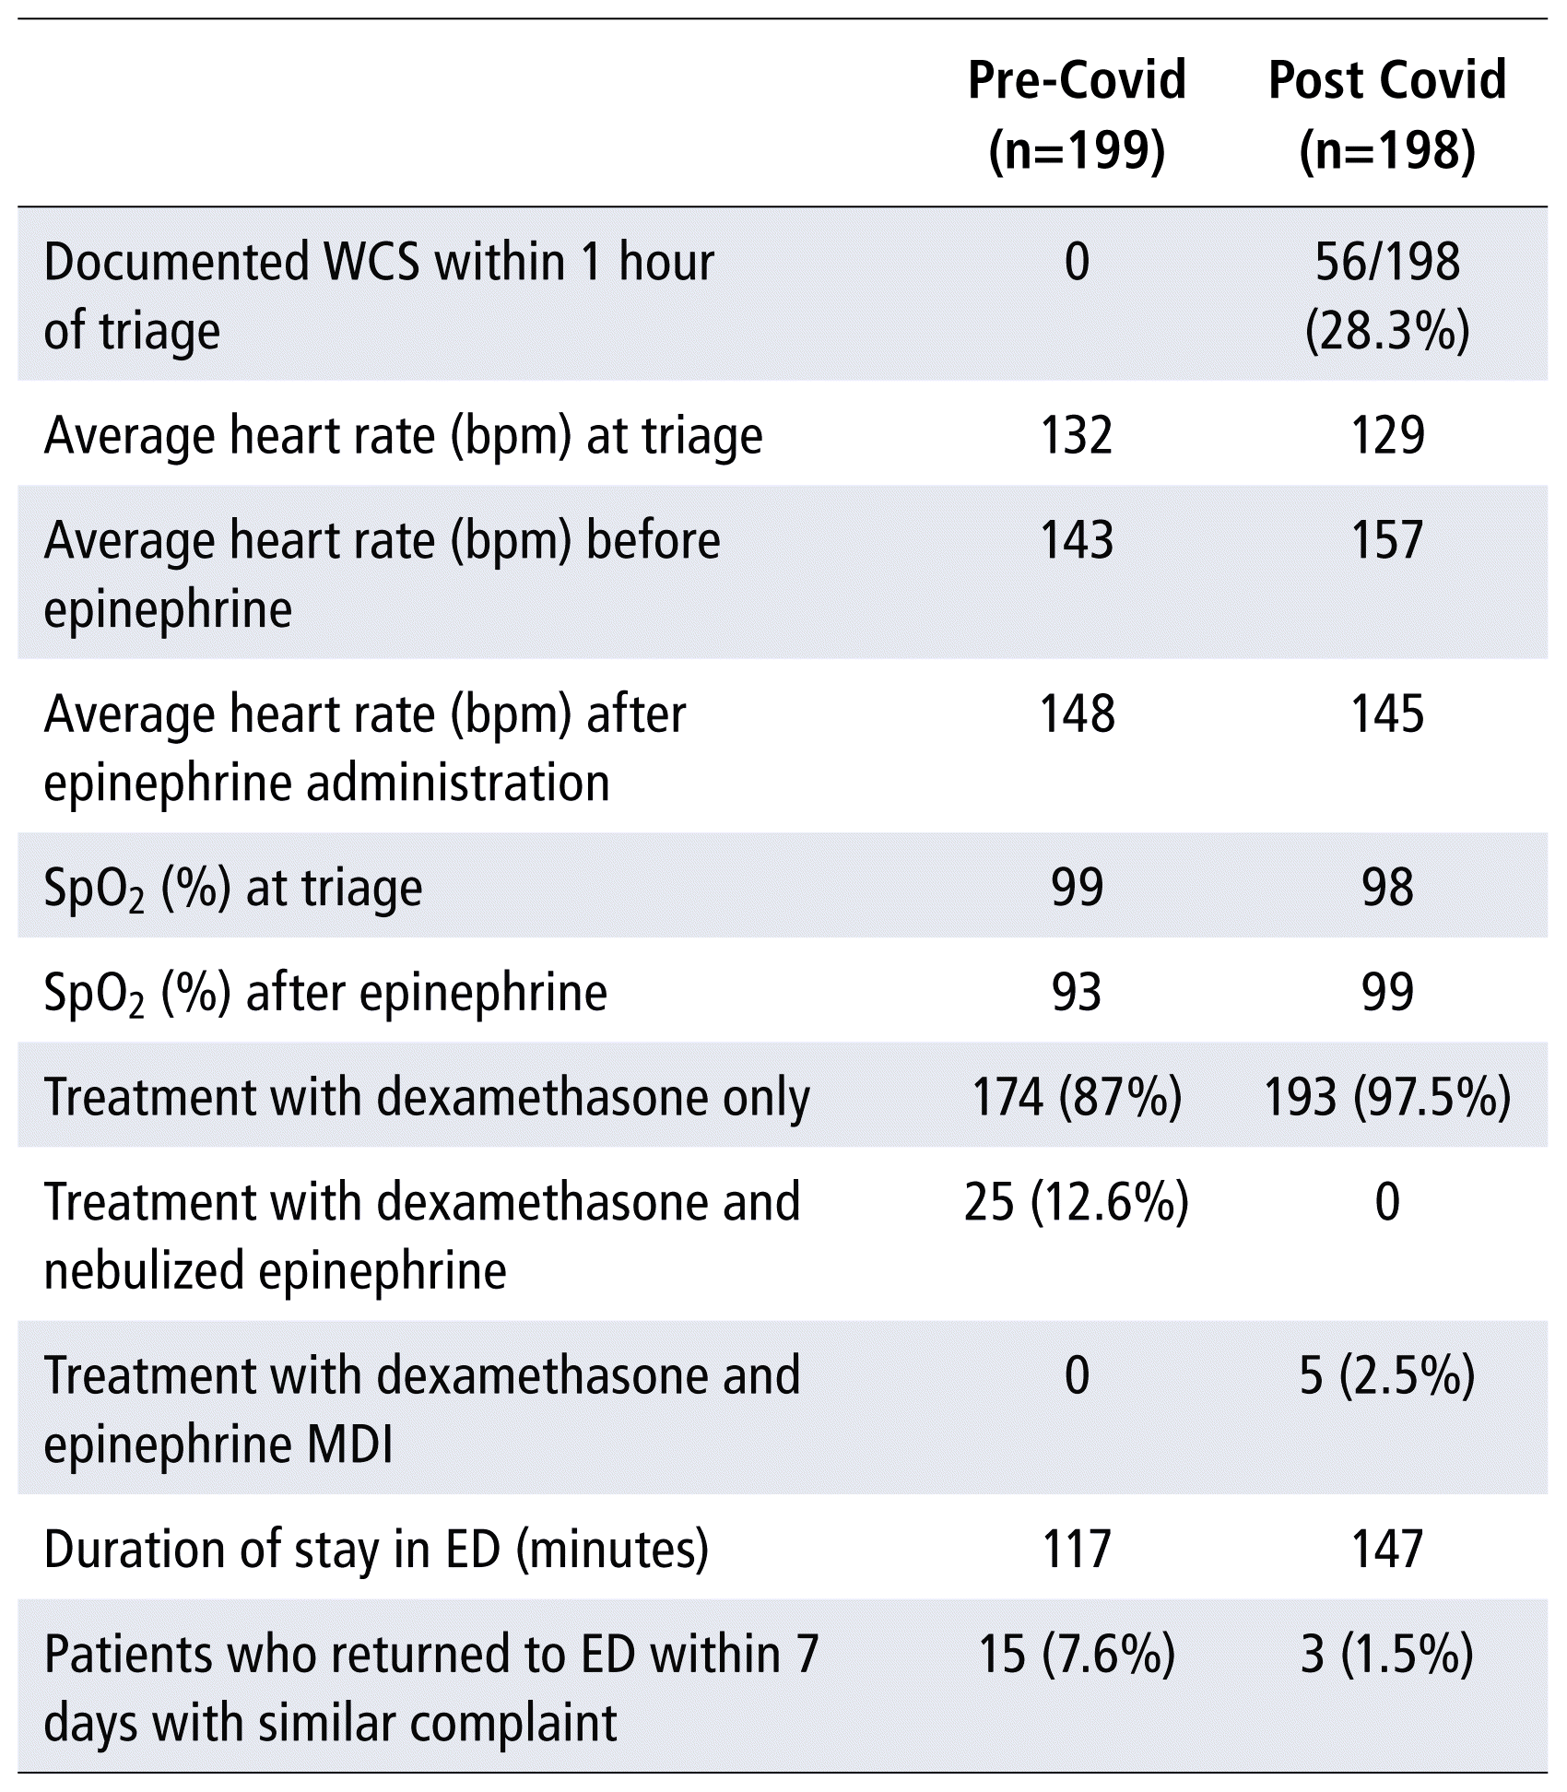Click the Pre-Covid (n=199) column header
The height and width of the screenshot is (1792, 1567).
click(1077, 114)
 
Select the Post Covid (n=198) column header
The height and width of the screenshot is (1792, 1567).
click(1387, 114)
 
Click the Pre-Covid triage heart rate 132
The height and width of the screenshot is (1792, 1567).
click(1077, 435)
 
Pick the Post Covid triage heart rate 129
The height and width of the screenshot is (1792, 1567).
click(1387, 435)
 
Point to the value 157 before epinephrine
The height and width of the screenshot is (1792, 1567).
click(1387, 540)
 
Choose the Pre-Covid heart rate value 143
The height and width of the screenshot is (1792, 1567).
click(1077, 540)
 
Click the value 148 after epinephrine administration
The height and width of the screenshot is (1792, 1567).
click(1077, 714)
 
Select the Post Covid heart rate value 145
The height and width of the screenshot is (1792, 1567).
click(1387, 714)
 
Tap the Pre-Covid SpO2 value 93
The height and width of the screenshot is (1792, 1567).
click(1077, 993)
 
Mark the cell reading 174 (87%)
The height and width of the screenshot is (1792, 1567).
click(1077, 1097)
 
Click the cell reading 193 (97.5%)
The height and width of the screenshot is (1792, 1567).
click(1387, 1097)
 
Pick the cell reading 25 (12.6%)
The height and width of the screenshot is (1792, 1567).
click(1077, 1202)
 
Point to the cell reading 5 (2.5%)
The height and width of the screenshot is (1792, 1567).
click(1387, 1376)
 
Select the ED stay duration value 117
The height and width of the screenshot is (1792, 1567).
click(1077, 1550)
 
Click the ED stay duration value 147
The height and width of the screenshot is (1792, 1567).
click(1387, 1550)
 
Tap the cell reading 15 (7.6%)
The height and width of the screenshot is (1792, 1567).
click(1077, 1655)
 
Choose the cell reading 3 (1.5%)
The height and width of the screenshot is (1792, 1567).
click(1387, 1655)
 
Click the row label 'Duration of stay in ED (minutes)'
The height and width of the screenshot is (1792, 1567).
click(376, 1550)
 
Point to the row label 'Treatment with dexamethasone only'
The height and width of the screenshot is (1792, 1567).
click(427, 1097)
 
